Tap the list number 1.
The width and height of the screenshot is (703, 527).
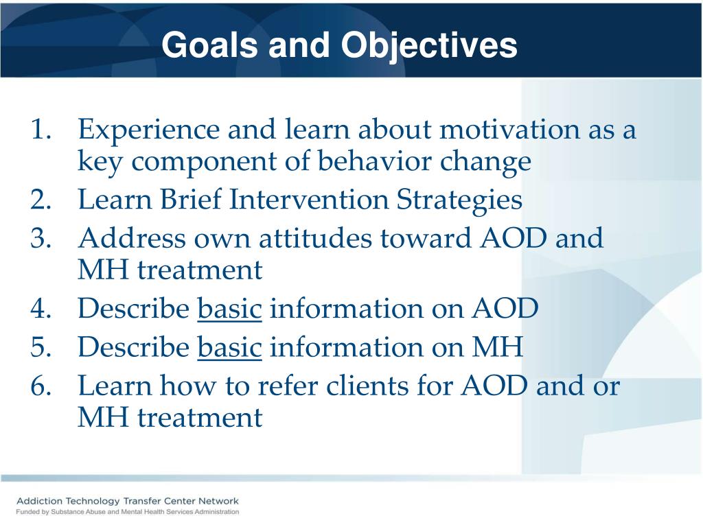coord(41,130)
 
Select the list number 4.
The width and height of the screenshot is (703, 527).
coord(41,309)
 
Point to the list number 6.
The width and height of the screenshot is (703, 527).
coord(41,386)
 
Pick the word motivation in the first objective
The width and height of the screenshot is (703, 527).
coord(510,130)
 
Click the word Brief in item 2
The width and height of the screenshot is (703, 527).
coord(191,199)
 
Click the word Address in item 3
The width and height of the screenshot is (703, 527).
coord(132,238)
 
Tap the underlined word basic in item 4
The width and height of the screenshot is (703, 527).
coord(229,309)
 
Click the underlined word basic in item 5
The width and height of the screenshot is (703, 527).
coord(229,347)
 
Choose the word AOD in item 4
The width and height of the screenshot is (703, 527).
coord(505,309)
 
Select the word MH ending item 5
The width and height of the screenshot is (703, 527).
coord(498,347)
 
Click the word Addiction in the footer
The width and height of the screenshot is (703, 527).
coord(39,501)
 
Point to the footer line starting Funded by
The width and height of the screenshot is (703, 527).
coord(127,512)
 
